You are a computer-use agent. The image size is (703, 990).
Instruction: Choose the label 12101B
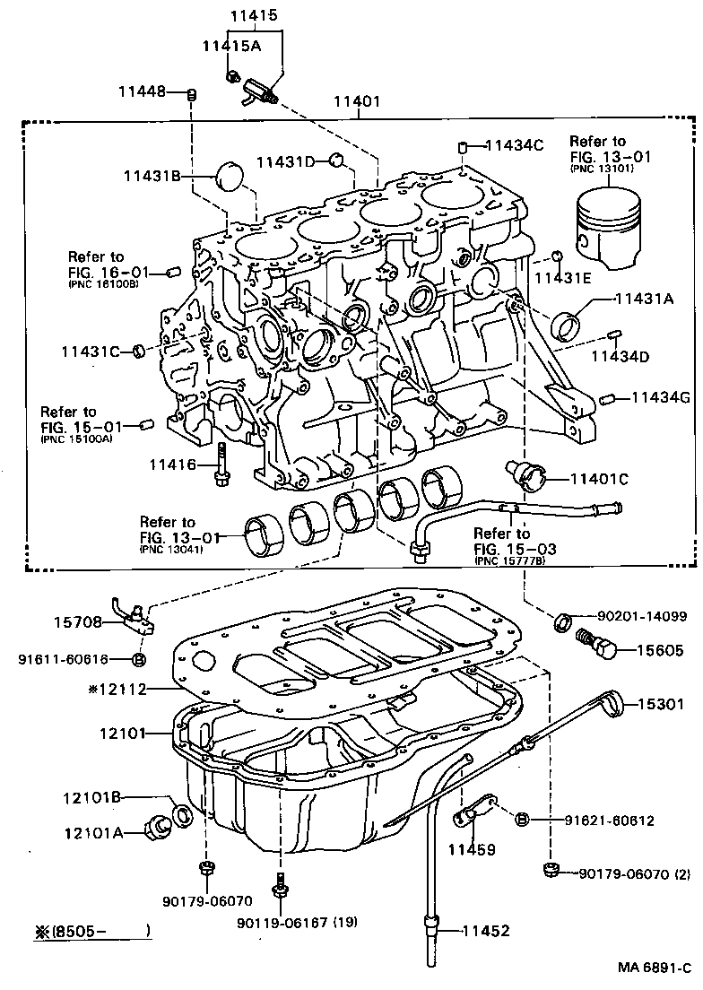[x=91, y=796]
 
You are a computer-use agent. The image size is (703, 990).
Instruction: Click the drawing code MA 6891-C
[x=654, y=968]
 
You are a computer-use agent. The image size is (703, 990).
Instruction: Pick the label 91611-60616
[x=63, y=659]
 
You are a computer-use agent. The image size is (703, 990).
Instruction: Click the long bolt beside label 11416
[x=221, y=465]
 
